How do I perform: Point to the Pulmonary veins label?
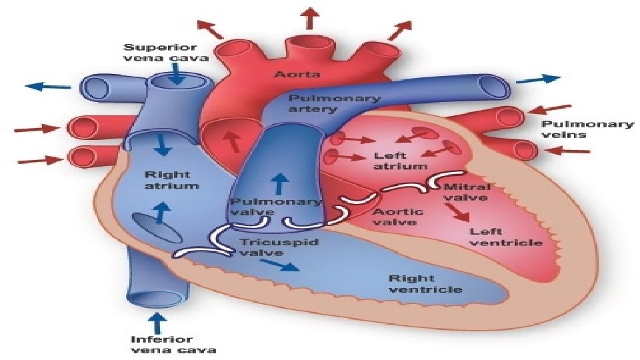point(587,129)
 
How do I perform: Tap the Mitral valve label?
point(466,192)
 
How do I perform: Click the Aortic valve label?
point(397,217)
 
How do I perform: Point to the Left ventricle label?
point(506,237)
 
